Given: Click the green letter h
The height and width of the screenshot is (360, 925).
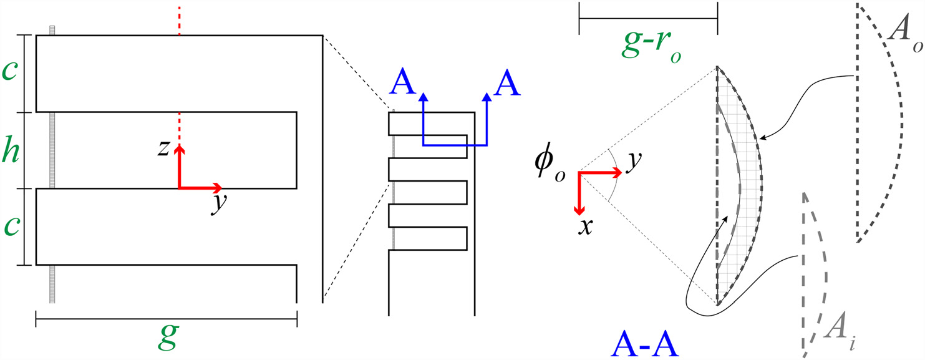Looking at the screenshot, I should [10, 150].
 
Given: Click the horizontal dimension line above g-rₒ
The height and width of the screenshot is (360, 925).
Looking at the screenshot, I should [649, 19].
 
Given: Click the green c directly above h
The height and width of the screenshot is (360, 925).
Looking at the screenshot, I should [10, 72].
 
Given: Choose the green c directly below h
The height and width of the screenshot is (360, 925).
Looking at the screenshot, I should [10, 228].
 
